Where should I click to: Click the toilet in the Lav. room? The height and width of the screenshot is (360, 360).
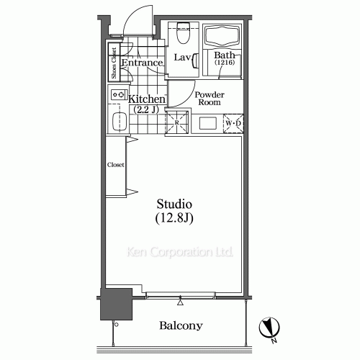click(x=183, y=33)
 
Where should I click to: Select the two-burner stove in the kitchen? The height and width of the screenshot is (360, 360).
click(x=120, y=94)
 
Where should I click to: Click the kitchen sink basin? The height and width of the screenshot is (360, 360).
click(x=120, y=122)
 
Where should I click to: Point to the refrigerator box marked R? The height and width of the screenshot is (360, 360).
click(x=176, y=122)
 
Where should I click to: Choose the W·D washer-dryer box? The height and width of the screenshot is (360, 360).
click(x=233, y=123)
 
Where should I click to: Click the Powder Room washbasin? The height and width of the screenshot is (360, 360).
click(x=208, y=123)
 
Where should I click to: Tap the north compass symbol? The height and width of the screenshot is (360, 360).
click(x=269, y=328)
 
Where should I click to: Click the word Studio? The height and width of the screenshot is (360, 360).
click(x=174, y=204)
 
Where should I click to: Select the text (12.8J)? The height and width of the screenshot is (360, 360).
click(x=174, y=218)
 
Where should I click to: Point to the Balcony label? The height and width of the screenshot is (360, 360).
click(x=181, y=326)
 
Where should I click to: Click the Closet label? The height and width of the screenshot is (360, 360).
click(x=115, y=165)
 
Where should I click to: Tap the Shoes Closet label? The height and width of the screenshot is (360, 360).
click(x=114, y=63)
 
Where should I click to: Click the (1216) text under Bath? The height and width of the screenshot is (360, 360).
click(x=225, y=63)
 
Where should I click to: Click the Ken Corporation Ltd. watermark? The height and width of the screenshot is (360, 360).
click(x=180, y=252)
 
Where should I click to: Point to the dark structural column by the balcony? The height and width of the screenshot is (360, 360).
click(x=116, y=304)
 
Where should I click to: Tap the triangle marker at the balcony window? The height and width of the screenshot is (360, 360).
click(x=180, y=302)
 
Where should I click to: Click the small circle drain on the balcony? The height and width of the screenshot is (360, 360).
click(x=117, y=325)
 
